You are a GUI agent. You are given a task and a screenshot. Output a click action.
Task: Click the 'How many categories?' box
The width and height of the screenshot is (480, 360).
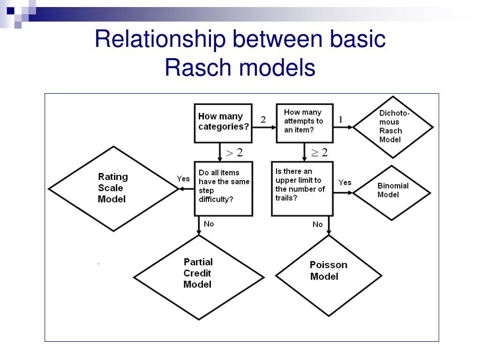pyautogui.click(x=223, y=123)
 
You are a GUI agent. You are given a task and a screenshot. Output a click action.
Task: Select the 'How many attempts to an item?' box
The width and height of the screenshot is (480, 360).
pyautogui.click(x=305, y=123)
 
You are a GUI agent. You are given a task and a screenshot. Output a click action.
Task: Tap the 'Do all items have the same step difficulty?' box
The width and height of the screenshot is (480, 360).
pyautogui.click(x=224, y=189)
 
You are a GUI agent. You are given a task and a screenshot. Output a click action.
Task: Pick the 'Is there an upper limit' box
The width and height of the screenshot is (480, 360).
pyautogui.click(x=302, y=189)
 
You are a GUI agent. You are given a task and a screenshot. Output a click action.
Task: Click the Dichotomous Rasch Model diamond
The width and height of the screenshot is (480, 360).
pyautogui.click(x=393, y=127)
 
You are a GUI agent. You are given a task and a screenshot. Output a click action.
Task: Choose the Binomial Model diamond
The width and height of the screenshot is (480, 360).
pyautogui.click(x=392, y=193)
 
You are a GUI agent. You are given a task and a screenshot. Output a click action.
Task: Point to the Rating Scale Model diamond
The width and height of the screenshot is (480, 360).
pyautogui.click(x=113, y=188)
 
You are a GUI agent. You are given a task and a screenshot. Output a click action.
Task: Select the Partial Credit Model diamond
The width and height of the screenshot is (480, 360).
pyautogui.click(x=199, y=277)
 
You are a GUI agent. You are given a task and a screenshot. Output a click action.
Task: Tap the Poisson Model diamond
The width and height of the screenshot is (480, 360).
pyautogui.click(x=329, y=276)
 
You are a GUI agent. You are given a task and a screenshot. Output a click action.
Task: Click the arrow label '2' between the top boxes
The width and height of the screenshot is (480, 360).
pyautogui.click(x=263, y=120)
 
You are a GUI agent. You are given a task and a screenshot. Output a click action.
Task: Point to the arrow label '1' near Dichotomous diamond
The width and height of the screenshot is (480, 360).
pyautogui.click(x=340, y=120)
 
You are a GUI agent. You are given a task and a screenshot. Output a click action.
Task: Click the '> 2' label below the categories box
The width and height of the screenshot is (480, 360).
pyautogui.click(x=234, y=152)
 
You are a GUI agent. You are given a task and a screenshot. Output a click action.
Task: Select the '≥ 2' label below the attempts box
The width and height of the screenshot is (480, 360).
pyautogui.click(x=319, y=152)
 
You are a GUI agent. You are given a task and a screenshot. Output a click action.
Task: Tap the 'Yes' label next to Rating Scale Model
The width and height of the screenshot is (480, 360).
pyautogui.click(x=183, y=179)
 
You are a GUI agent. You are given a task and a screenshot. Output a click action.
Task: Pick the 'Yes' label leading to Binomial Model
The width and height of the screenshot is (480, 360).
pyautogui.click(x=345, y=182)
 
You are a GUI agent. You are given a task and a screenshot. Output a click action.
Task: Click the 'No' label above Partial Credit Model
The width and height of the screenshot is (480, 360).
pyautogui.click(x=209, y=224)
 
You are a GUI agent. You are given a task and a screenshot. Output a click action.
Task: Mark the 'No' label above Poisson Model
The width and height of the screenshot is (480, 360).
pyautogui.click(x=317, y=225)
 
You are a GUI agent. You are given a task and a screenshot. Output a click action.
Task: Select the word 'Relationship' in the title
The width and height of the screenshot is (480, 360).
pyautogui.click(x=160, y=40)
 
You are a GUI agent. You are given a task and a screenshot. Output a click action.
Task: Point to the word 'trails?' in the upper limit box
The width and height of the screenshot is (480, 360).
pyautogui.click(x=286, y=198)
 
